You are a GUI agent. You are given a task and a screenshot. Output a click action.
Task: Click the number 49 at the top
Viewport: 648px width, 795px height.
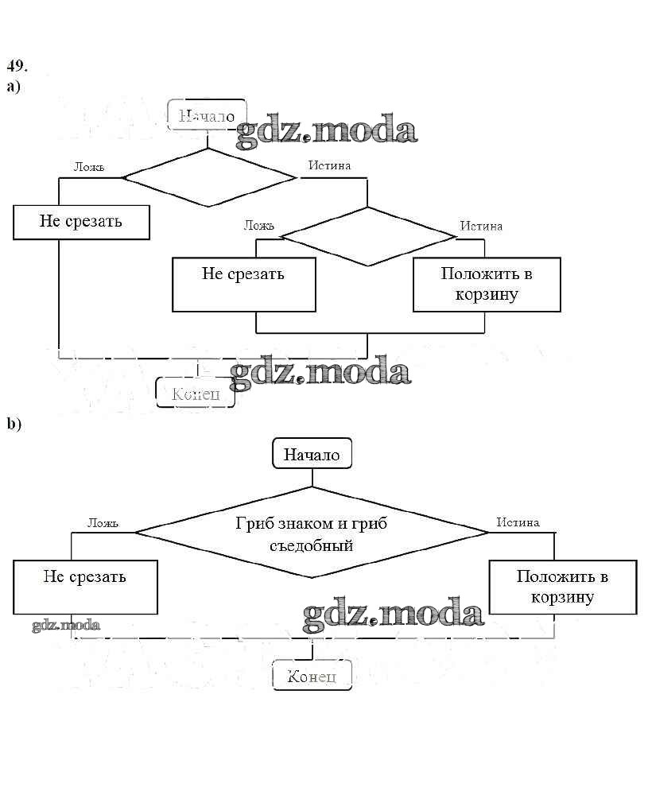(x=16, y=65)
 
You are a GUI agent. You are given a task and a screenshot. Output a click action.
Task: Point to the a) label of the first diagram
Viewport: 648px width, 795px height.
(x=13, y=86)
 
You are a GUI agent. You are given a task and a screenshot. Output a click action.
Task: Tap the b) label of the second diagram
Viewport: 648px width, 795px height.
(x=14, y=424)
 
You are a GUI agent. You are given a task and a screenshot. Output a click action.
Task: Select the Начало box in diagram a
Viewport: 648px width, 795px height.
(x=207, y=115)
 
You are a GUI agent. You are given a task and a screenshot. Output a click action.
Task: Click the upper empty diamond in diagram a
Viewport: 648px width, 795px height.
(x=208, y=177)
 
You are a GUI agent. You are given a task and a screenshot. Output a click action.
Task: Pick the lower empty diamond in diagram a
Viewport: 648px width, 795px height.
(x=367, y=236)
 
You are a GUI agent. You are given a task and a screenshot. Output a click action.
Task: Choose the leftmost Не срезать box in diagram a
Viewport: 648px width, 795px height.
(x=81, y=222)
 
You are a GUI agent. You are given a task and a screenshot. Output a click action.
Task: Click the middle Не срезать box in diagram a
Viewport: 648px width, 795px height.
(x=243, y=284)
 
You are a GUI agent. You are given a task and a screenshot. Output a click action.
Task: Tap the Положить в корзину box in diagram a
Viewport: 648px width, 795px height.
(x=487, y=284)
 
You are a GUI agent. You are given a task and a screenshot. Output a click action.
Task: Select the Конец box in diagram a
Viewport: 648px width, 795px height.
(x=196, y=393)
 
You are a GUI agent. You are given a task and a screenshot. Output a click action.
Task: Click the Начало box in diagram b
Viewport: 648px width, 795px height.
(x=312, y=455)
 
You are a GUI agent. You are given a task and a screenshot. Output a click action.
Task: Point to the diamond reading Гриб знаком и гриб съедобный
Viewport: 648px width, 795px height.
(x=312, y=534)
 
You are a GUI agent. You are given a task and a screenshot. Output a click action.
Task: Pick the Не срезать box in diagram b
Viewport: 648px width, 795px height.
(x=84, y=586)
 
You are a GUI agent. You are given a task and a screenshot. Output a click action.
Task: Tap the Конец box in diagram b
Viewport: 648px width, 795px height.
(x=312, y=676)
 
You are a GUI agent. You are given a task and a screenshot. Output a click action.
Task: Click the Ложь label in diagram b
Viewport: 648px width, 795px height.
(x=103, y=523)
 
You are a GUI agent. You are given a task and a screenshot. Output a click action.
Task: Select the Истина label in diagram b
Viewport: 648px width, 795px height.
(x=518, y=522)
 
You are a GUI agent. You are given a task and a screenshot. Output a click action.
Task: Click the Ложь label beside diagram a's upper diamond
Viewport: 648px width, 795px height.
(x=89, y=167)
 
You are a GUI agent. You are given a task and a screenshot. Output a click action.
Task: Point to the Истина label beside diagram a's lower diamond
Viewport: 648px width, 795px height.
(x=481, y=226)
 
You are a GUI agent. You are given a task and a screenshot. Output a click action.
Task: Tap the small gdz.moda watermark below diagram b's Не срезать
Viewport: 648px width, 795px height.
(x=66, y=625)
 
